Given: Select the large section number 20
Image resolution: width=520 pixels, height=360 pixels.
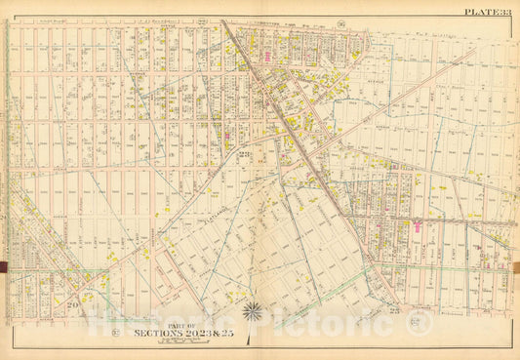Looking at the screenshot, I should pos(74,304).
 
